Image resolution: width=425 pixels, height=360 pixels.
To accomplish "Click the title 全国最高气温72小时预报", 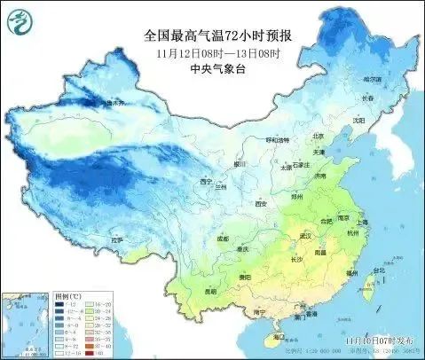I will (x=218, y=35).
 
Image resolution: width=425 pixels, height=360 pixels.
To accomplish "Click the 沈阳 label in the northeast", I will (x=358, y=120).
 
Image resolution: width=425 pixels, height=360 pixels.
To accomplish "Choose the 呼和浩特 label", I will (x=279, y=139).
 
